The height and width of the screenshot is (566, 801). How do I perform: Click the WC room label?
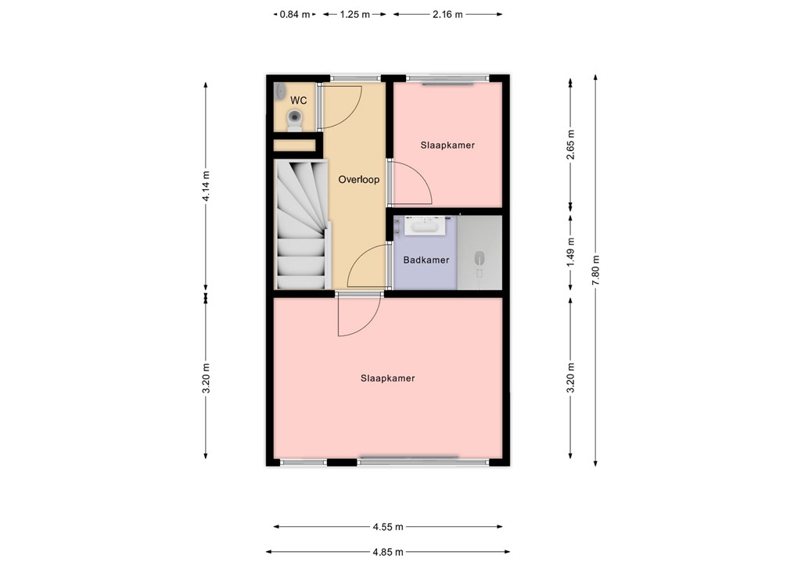[298, 101]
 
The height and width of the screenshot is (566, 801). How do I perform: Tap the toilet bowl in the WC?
[295, 119]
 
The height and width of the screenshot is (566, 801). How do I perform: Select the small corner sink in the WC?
[280, 91]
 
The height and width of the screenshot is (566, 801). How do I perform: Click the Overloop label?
[358, 180]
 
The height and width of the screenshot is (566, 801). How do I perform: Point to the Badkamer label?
[426, 260]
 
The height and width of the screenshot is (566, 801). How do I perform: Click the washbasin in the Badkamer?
[423, 226]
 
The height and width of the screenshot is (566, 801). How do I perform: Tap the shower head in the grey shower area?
[480, 259]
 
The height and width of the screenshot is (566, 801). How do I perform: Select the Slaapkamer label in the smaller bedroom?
[447, 145]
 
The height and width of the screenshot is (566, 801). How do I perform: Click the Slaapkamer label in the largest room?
[387, 378]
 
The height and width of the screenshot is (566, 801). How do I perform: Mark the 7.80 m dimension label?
[596, 270]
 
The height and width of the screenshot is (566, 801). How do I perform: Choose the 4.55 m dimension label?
[387, 526]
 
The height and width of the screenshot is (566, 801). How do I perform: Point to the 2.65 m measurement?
[570, 145]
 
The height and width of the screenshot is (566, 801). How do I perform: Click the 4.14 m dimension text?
[206, 186]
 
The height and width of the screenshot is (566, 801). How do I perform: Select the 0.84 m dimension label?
[294, 14]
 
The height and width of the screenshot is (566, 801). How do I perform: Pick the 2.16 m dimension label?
[447, 14]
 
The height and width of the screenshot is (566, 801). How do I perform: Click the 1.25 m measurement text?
[354, 14]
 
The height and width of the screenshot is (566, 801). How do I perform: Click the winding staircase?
[301, 223]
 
